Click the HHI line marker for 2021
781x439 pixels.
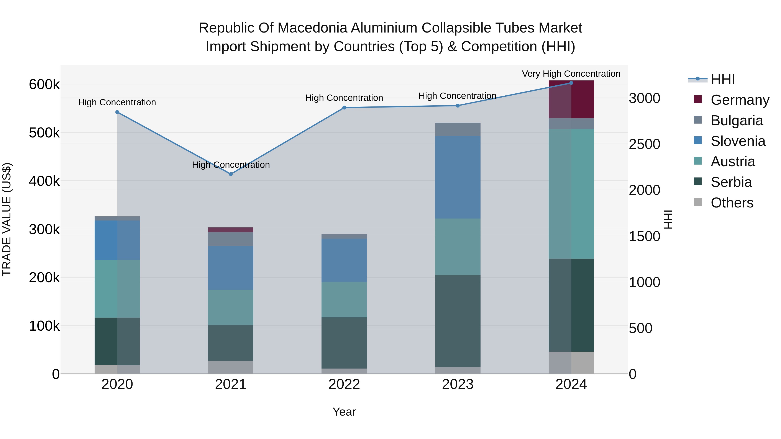click(x=231, y=174)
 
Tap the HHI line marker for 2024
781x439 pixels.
click(x=571, y=83)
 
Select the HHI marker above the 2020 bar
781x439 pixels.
click(x=117, y=112)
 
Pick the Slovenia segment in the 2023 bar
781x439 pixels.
click(x=458, y=177)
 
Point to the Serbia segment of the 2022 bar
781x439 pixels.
click(x=344, y=343)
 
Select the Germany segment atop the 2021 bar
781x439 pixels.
click(x=231, y=230)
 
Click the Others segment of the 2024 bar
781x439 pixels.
click(x=571, y=363)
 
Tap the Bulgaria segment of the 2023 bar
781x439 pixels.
click(x=458, y=129)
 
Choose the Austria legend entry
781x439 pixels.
click(x=732, y=162)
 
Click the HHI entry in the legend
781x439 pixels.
click(x=722, y=79)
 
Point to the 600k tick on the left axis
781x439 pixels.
click(x=44, y=85)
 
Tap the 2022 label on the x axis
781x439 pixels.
click(x=344, y=384)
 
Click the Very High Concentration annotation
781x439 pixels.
click(x=571, y=74)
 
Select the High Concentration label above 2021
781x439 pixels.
click(x=231, y=165)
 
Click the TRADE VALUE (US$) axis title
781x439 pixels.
click(x=7, y=219)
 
